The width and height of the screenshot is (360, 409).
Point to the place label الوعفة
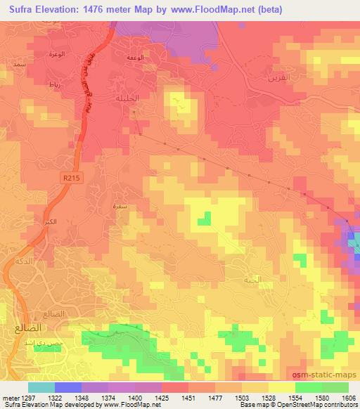[136, 58]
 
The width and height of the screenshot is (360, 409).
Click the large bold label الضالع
[25, 327]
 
